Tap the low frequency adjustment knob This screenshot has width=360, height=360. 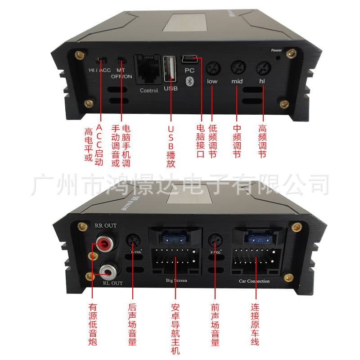212,68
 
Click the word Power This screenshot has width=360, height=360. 277,50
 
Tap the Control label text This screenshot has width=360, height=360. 149,90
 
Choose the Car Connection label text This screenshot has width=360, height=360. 254,281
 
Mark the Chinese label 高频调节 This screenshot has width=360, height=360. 263,141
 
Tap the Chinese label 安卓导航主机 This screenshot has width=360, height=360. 176,328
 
